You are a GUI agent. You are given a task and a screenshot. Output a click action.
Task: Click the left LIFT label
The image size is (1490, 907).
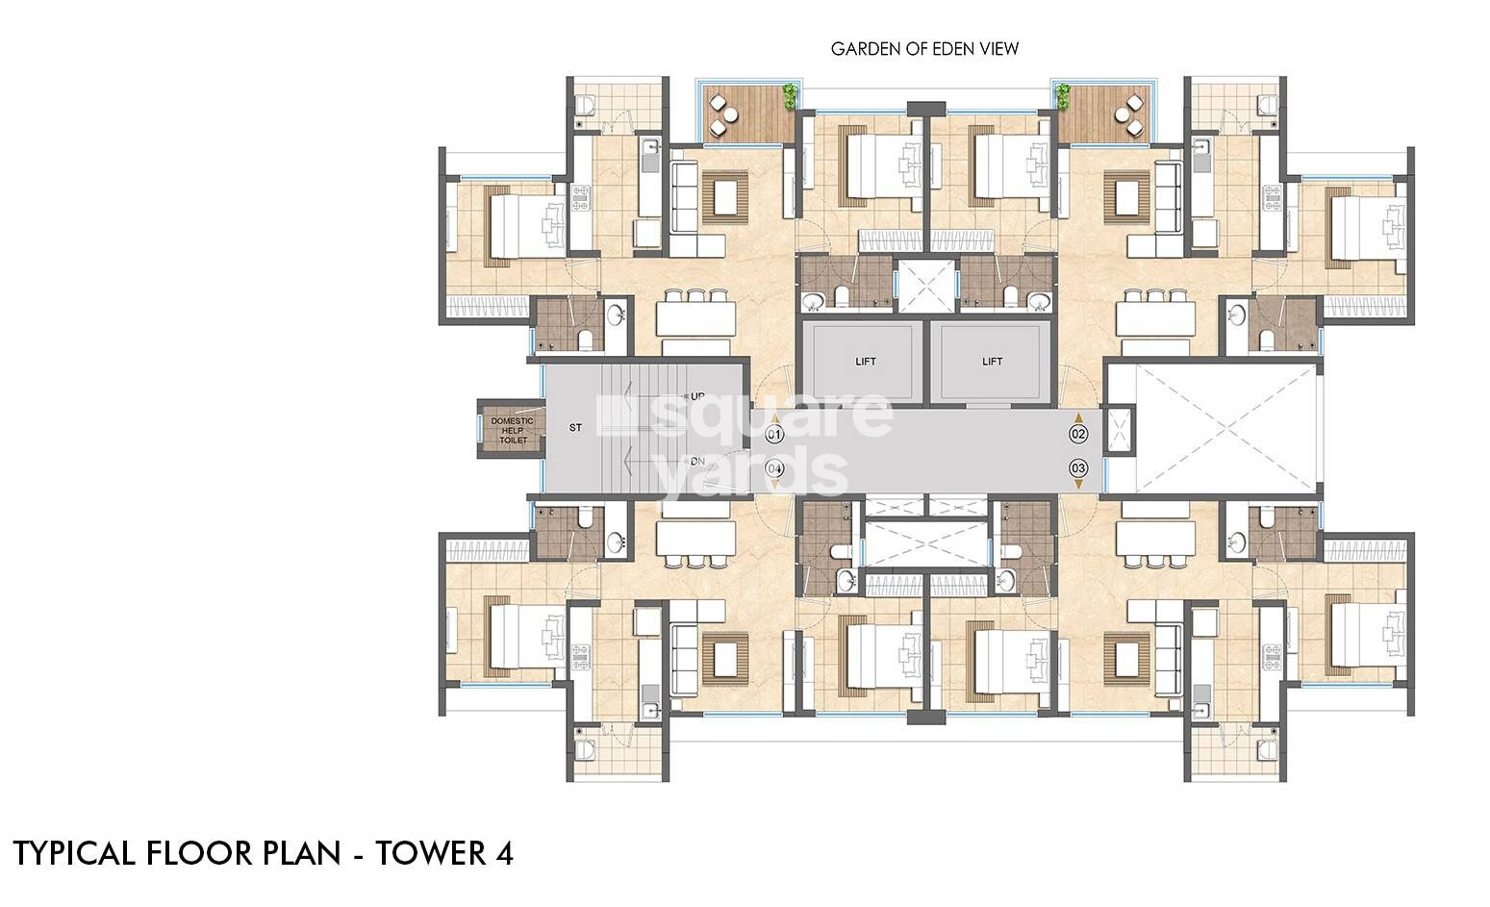pos(866,362)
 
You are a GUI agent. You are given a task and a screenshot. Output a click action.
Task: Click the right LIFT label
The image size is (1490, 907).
pos(992,362)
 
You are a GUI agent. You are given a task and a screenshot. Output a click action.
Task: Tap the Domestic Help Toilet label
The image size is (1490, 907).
pos(512,430)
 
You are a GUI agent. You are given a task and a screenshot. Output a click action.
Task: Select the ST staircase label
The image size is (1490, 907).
pos(575,427)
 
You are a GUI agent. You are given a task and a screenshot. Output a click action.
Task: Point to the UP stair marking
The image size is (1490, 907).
pos(697,396)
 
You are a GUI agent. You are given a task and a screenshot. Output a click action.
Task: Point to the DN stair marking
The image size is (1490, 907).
pos(697,462)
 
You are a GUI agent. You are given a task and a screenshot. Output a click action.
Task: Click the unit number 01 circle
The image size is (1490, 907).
pos(774,435)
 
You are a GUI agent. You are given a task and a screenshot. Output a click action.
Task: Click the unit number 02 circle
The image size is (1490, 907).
pos(1078,435)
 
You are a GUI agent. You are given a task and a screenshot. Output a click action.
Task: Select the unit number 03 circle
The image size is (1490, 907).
pos(1078,469)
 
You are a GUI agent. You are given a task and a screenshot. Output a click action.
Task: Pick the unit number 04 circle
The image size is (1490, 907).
pos(774,469)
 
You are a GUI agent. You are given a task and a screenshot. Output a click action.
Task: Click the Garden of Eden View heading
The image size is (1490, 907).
pos(924,49)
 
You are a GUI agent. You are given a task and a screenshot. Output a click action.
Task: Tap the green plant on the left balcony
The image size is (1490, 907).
pos(790,94)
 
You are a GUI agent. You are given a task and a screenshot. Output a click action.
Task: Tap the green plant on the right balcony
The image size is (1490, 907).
pos(1063,94)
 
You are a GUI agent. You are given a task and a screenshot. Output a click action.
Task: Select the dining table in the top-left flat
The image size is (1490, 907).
pos(696,316)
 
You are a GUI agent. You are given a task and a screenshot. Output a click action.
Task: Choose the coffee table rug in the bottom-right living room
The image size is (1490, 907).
pos(1125,656)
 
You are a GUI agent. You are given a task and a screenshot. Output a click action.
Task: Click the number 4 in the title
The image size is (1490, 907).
pos(504,853)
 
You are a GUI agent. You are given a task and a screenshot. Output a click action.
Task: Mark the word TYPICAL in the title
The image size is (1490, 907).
pos(75,853)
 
